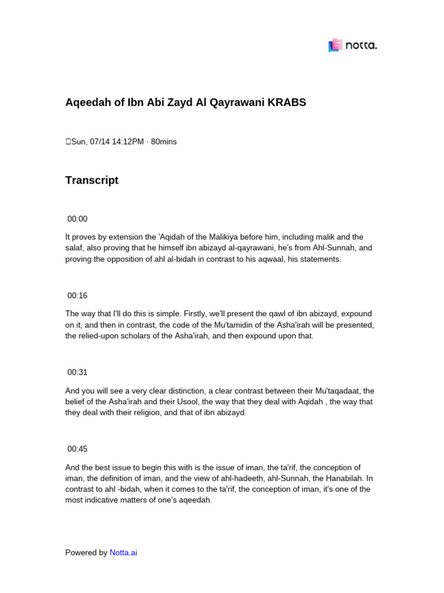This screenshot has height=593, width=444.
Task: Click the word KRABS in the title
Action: tap(287, 103)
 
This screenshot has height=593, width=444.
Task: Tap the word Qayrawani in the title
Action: tap(238, 103)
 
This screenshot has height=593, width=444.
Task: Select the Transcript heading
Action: tap(92, 180)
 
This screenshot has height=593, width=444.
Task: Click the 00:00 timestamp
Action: tap(77, 219)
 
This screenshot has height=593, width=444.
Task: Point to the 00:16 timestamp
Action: tap(77, 295)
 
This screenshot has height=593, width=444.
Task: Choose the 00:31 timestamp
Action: tap(77, 372)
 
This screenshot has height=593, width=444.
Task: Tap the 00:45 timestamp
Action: tap(77, 449)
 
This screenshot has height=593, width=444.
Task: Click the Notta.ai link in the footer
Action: tap(123, 552)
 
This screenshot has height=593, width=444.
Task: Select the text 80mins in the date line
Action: tap(164, 142)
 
